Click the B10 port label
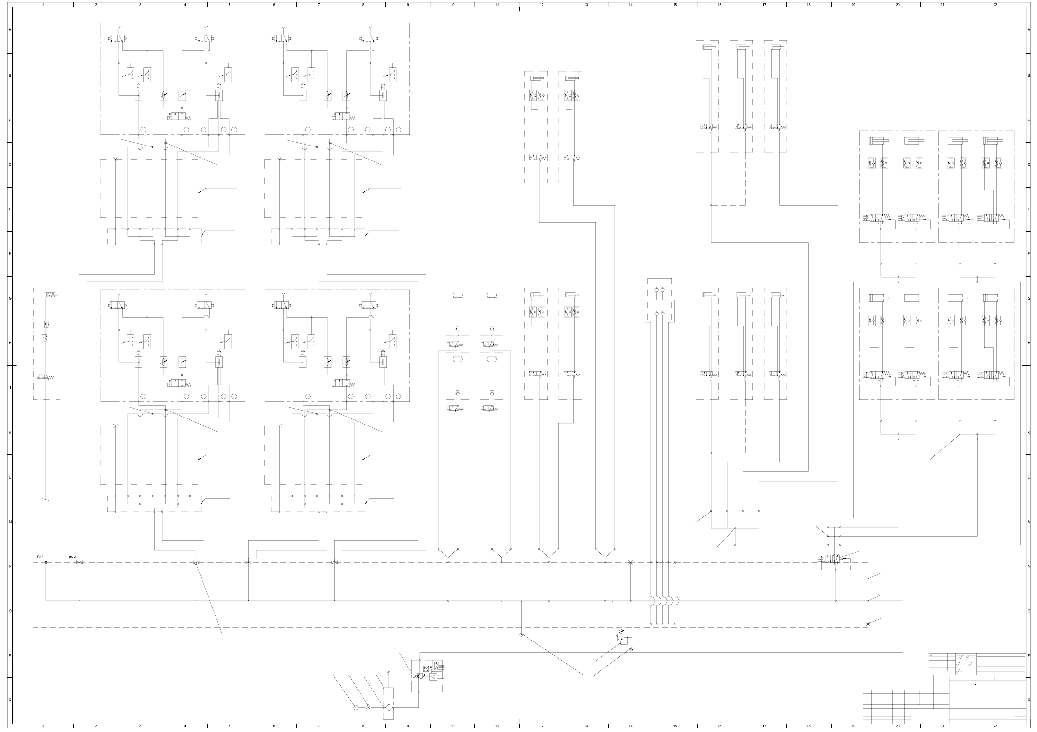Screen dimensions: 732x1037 41,557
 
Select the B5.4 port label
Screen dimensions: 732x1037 72,557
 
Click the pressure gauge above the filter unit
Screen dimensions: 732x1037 388,673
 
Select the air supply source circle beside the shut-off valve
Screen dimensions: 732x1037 355,708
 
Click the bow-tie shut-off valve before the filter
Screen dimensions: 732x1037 368,708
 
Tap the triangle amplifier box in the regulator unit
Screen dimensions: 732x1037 433,677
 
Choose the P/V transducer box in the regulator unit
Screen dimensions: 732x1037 426,669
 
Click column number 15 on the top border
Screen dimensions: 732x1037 675,4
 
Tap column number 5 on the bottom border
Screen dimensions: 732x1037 230,726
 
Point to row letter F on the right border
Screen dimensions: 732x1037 1029,254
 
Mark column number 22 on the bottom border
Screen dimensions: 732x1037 995,726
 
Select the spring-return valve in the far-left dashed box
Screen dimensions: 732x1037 45,376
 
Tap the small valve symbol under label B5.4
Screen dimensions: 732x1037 79,563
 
